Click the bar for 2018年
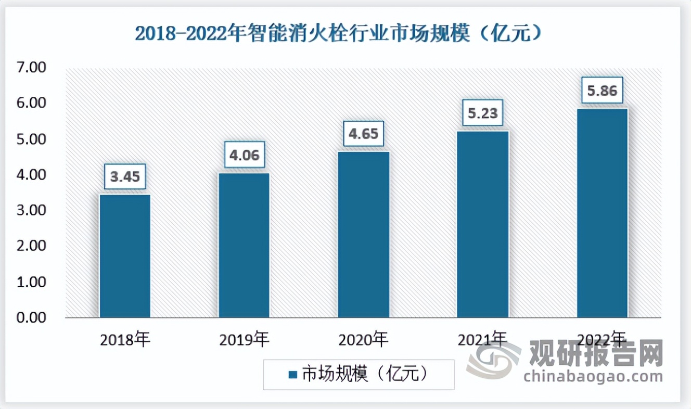[x=125, y=256]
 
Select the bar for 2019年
[x=244, y=245]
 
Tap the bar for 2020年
[x=363, y=235]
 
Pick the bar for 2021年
[x=483, y=224]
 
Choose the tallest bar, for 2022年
[x=602, y=213]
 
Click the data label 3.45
[x=125, y=177]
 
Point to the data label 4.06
[x=244, y=155]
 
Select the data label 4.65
[x=363, y=134]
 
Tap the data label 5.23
[x=483, y=113]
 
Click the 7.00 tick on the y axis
[x=32, y=68]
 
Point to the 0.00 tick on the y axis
[x=32, y=317]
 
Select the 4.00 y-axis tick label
[x=32, y=175]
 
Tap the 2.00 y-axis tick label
[x=32, y=246]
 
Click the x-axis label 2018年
[x=125, y=340]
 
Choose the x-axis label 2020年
[x=363, y=340]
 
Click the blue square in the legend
[x=292, y=375]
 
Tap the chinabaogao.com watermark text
[x=593, y=376]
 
